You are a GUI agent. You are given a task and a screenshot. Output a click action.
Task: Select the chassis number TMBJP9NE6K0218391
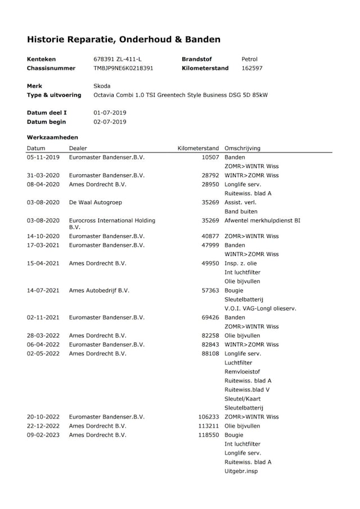[x=123, y=68]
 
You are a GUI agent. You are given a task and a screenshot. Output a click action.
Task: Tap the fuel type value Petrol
[x=250, y=59]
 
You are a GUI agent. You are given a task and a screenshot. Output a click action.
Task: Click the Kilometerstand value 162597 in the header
[x=251, y=68]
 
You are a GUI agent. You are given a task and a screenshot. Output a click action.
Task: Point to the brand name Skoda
[x=102, y=86]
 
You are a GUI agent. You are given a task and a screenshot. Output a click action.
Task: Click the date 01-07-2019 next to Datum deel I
[x=110, y=112]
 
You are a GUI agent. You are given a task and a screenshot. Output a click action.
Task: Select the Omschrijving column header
[x=242, y=148]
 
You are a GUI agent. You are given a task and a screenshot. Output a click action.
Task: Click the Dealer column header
[x=78, y=148]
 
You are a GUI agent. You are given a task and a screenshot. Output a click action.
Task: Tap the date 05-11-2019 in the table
[x=43, y=157]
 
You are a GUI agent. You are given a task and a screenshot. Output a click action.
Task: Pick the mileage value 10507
[x=210, y=157]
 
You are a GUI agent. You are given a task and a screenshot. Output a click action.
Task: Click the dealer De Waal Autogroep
[x=95, y=202]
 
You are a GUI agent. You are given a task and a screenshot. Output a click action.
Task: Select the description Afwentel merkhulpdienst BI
[x=262, y=220]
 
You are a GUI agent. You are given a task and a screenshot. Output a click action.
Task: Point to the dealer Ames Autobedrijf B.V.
[x=99, y=290]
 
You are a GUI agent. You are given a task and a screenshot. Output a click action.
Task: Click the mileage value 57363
[x=210, y=290]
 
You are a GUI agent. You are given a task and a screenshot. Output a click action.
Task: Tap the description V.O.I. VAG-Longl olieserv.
[x=260, y=308]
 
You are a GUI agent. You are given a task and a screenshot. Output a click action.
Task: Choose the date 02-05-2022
[x=43, y=353]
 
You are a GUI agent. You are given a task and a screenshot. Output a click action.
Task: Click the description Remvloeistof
[x=242, y=372]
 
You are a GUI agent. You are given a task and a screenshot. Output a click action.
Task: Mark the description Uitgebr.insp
[x=241, y=471]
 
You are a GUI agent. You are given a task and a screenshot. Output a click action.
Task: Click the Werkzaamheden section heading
[x=53, y=137]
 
